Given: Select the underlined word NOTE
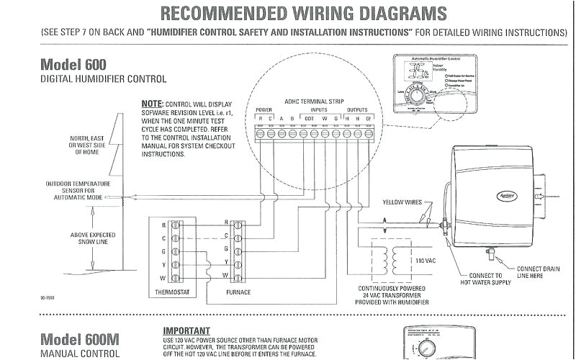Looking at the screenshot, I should tap(153, 104).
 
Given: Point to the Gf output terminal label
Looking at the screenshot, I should tap(369, 117).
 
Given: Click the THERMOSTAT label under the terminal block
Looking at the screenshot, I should tap(172, 293).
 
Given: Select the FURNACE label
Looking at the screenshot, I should tap(238, 293).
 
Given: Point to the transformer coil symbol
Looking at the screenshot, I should tap(382, 259).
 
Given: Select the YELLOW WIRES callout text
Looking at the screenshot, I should tap(402, 202).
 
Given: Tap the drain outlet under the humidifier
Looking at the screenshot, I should tap(489, 253).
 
